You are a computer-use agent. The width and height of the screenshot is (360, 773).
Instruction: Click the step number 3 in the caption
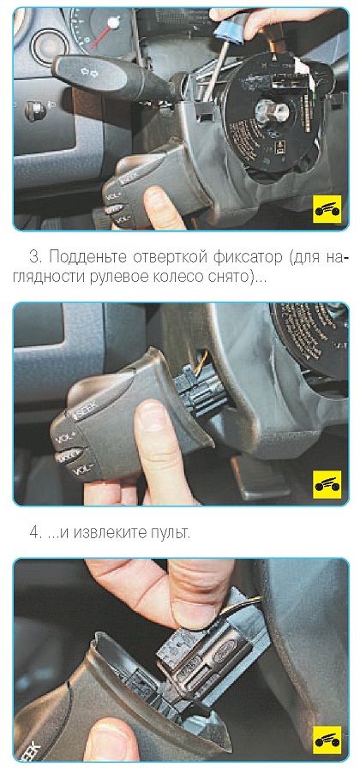(34, 257)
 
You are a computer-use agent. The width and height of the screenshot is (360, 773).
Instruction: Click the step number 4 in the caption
(34, 533)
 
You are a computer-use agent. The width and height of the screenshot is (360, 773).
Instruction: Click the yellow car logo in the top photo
(327, 208)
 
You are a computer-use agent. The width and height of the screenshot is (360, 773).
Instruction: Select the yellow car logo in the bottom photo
(327, 739)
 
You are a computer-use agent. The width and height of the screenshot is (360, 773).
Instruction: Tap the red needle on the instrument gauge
(102, 35)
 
